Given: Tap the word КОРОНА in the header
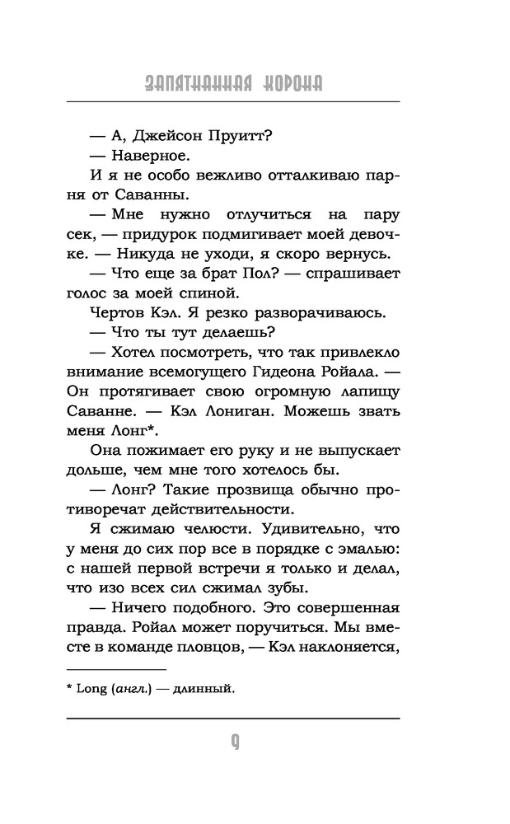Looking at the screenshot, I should [x=288, y=84].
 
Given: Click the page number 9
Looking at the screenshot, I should [x=235, y=741].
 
